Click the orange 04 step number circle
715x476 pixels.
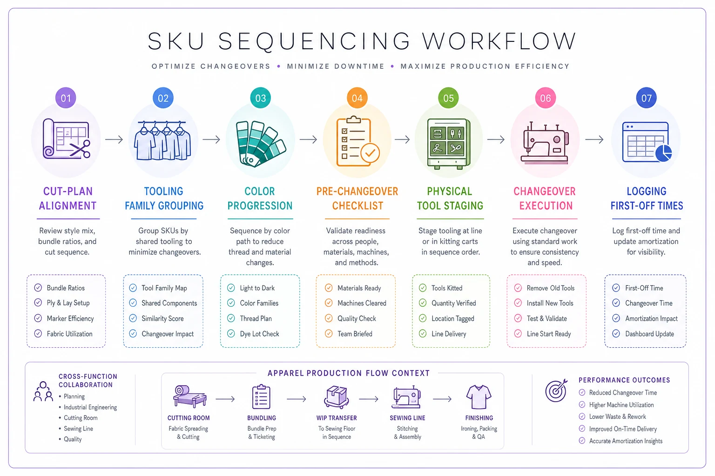[x=357, y=98]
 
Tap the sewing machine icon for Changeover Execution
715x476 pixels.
[x=545, y=143]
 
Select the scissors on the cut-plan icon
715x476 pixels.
[x=80, y=149]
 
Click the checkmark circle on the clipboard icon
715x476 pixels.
[x=370, y=153]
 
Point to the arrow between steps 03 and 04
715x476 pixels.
[x=308, y=139]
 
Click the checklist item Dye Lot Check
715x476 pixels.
[x=259, y=334]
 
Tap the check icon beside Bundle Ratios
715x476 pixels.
[x=38, y=288]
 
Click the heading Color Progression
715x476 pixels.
[x=260, y=198]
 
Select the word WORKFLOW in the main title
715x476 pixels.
[x=499, y=41]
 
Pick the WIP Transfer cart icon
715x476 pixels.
[x=337, y=397]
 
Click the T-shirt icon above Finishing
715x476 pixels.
[x=479, y=397]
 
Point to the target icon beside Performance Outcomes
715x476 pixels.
[x=556, y=390]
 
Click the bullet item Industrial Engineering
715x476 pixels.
[x=90, y=407]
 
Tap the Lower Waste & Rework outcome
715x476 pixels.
[x=617, y=416]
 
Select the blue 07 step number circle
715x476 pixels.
[x=647, y=98]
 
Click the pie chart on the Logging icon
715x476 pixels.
[x=664, y=153]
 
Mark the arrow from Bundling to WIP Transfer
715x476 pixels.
[x=296, y=399]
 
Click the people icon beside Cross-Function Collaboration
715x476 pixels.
[x=43, y=391]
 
